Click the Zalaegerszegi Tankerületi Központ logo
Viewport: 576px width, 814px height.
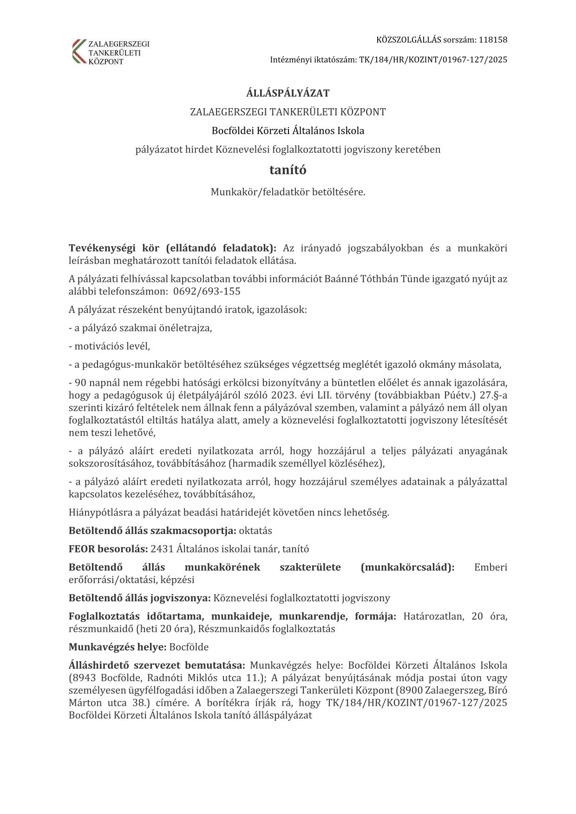pyautogui.click(x=111, y=51)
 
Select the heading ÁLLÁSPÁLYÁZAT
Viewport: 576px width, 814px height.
pyautogui.click(x=288, y=93)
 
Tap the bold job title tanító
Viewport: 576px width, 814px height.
pyautogui.click(x=288, y=170)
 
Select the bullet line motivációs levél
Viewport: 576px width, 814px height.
pyautogui.click(x=110, y=346)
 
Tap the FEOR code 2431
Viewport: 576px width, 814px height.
pyautogui.click(x=162, y=549)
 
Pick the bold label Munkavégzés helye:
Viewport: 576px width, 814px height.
pyautogui.click(x=118, y=647)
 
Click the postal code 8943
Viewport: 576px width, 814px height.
pyautogui.click(x=84, y=677)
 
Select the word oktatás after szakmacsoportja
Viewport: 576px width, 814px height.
pyautogui.click(x=255, y=530)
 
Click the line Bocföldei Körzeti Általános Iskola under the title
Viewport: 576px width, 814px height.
pyautogui.click(x=288, y=130)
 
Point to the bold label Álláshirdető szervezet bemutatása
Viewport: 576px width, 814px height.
pyautogui.click(x=157, y=665)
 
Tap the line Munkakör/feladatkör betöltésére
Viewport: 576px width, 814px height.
pyautogui.click(x=288, y=191)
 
